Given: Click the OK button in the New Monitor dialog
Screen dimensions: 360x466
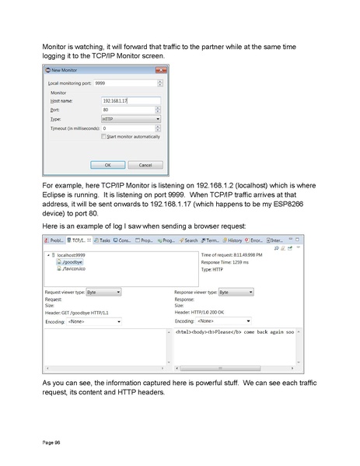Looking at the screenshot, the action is pyautogui.click(x=107, y=165).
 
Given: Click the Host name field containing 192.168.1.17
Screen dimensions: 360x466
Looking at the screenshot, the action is pyautogui.click(x=131, y=100).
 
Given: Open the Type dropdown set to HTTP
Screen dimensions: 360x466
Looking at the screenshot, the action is pyautogui.click(x=131, y=119).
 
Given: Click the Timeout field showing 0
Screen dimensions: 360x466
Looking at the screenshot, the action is pyautogui.click(x=131, y=128).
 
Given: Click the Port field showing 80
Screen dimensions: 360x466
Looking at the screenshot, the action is pyautogui.click(x=131, y=110).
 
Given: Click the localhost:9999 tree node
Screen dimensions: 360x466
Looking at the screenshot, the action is pyautogui.click(x=71, y=255).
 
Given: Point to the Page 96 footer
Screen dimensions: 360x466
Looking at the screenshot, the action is pyautogui.click(x=51, y=442).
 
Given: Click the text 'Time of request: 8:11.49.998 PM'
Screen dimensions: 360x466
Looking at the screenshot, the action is pyautogui.click(x=232, y=255).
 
